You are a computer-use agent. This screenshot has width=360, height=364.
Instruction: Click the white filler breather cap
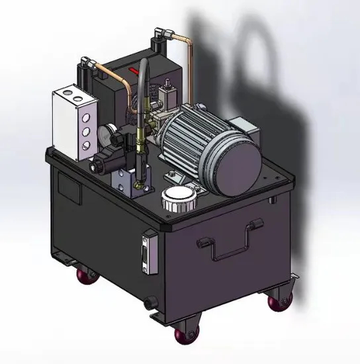179,198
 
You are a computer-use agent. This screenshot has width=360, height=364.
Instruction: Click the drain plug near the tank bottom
148,305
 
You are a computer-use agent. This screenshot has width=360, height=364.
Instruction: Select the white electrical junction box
73,121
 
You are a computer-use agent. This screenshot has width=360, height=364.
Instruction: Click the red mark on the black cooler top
134,71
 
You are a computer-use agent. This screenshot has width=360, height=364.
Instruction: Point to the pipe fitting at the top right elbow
160,34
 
